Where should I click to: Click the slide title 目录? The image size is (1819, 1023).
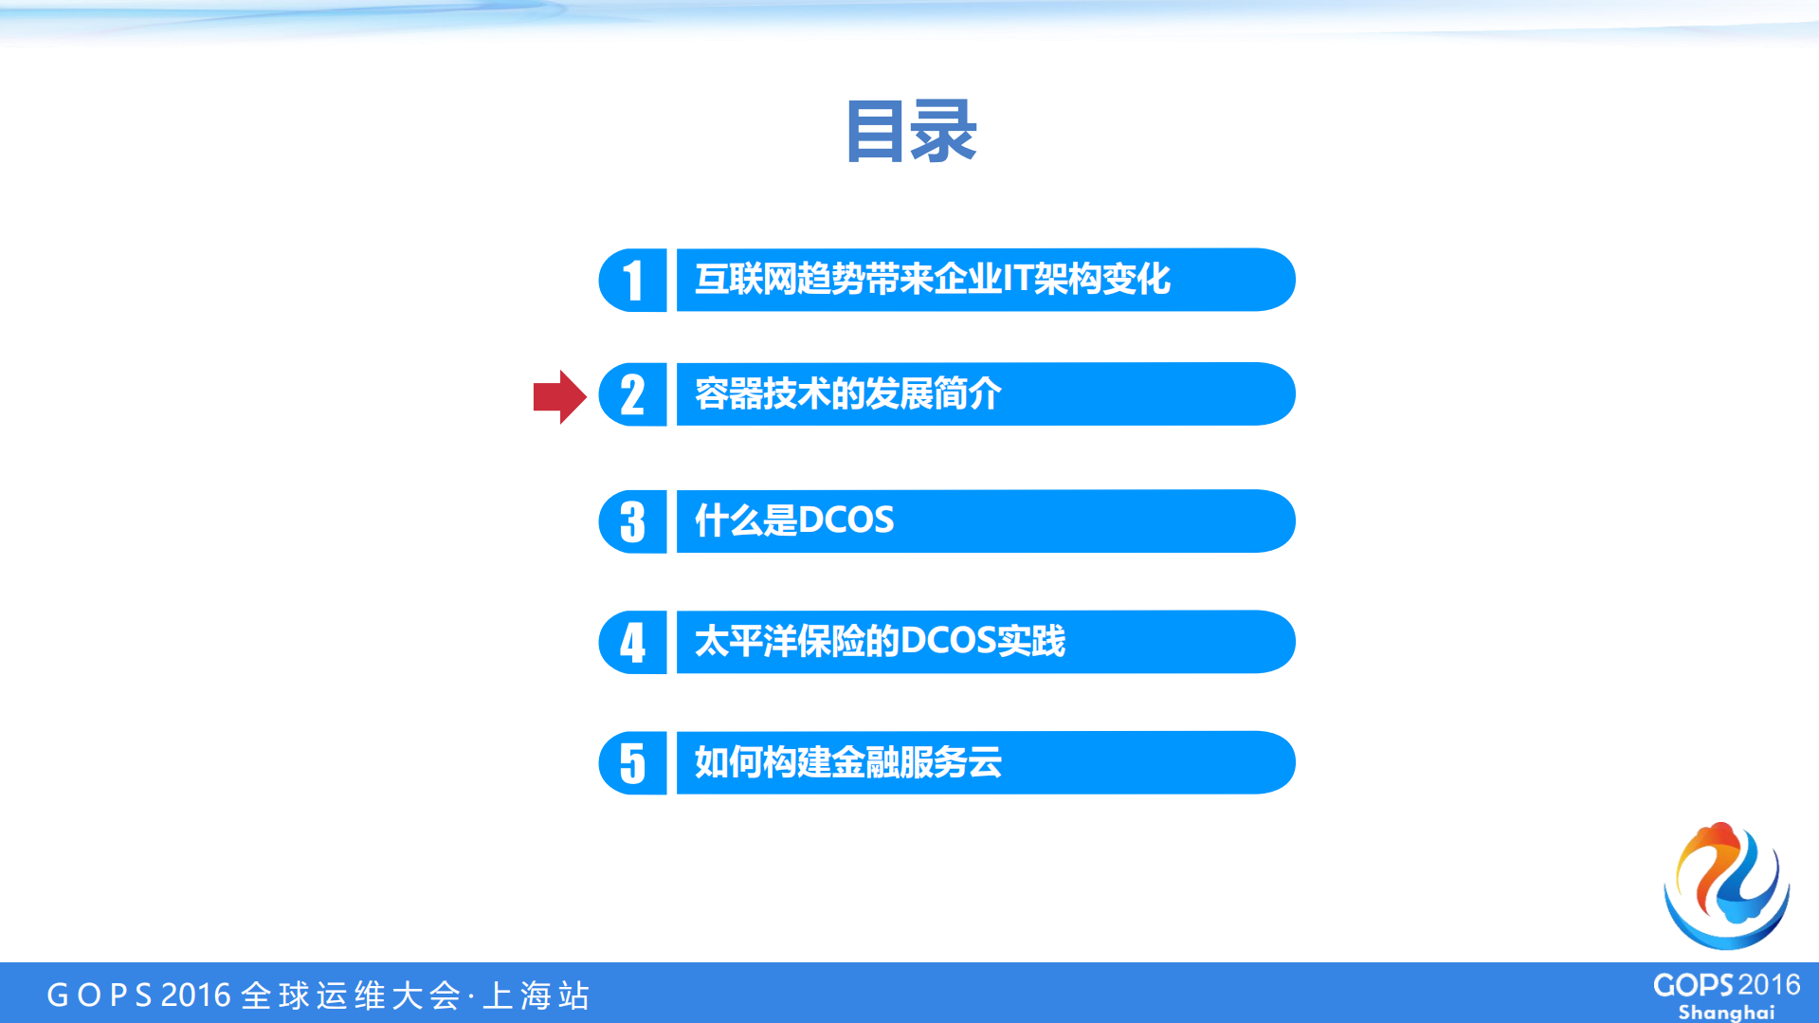pyautogui.click(x=910, y=132)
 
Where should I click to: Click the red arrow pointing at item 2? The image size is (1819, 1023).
pyautogui.click(x=559, y=396)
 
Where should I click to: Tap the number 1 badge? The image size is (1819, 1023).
pyautogui.click(x=633, y=281)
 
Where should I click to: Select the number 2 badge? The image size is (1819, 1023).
pyautogui.click(x=633, y=394)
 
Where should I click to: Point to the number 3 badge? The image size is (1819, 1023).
pyautogui.click(x=633, y=521)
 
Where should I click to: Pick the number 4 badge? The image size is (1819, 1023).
pyautogui.click(x=633, y=642)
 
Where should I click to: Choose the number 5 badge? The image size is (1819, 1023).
pyautogui.click(x=633, y=763)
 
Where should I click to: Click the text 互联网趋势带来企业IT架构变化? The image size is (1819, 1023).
pyautogui.click(x=933, y=280)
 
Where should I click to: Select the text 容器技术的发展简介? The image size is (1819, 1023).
pyautogui.click(x=847, y=393)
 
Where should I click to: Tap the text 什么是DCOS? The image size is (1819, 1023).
pyautogui.click(x=794, y=521)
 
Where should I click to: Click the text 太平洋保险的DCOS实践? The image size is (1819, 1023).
pyautogui.click(x=880, y=642)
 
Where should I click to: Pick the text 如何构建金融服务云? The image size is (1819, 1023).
pyautogui.click(x=847, y=762)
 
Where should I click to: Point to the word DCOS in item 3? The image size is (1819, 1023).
pyautogui.click(x=846, y=521)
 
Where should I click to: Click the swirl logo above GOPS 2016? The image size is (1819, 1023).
pyautogui.click(x=1726, y=886)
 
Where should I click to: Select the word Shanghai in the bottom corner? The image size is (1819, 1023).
pyautogui.click(x=1726, y=1013)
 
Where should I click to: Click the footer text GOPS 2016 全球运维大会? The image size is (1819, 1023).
pyautogui.click(x=254, y=996)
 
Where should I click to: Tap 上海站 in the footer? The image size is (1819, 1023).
pyautogui.click(x=537, y=996)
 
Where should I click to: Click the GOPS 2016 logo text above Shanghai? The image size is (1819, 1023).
pyautogui.click(x=1726, y=985)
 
